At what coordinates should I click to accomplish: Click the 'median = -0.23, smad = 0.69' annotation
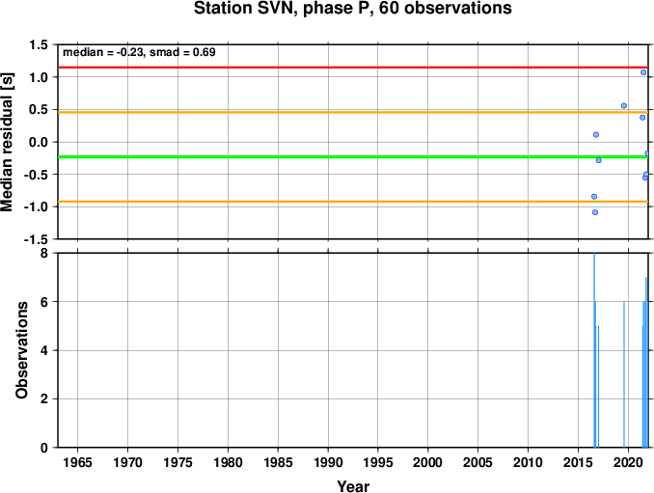pos(139,52)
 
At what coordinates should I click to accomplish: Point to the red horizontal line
pos(353,68)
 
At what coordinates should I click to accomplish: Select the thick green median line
pos(353,157)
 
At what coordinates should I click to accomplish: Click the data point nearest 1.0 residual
pos(643,72)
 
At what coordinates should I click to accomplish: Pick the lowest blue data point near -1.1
pos(595,212)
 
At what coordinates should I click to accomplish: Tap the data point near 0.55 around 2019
pos(624,105)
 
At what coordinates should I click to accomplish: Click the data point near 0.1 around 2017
pos(596,134)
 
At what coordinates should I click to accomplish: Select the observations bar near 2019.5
pos(624,374)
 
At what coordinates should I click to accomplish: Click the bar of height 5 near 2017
pos(598,386)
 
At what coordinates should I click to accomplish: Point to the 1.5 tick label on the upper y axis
pos(39,44)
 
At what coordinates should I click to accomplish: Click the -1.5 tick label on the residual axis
pos(36,239)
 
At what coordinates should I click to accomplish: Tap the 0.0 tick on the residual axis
pos(39,142)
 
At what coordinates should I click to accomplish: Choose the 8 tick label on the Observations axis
pos(44,253)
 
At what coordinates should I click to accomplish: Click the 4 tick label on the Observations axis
pos(44,350)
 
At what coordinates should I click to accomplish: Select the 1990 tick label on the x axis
pos(328,462)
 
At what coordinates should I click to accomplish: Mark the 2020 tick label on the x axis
pos(628,462)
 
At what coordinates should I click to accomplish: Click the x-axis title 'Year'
pos(353,486)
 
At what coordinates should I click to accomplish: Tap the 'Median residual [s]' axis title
pos(7,142)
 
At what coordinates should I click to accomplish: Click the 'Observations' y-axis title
pos(21,350)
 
